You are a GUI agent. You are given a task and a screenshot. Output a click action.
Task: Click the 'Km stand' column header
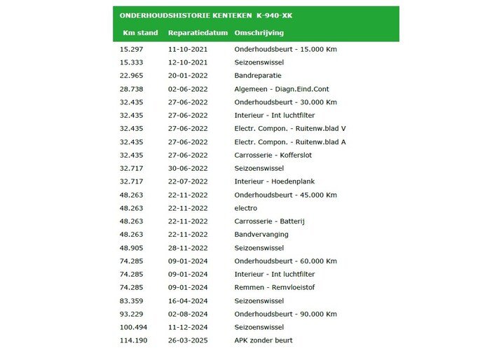point(140,33)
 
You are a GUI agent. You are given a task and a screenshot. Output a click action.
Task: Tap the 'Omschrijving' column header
point(259,33)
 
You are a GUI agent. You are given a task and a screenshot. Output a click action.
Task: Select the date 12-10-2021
point(188,62)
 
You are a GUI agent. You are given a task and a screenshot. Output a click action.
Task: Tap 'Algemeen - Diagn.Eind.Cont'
point(282,89)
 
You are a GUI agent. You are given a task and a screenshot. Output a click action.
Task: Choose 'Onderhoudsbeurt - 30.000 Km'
point(285,102)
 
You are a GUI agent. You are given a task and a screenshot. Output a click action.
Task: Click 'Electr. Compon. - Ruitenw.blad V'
point(290,129)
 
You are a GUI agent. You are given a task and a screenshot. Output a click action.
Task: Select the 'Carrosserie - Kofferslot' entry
point(275,155)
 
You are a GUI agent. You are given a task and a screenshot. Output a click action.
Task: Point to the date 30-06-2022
point(188,169)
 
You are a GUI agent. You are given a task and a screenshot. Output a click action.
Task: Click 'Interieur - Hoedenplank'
point(275,181)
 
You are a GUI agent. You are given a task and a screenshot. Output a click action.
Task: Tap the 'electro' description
point(245,208)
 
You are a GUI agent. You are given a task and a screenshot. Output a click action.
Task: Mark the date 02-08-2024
point(188,314)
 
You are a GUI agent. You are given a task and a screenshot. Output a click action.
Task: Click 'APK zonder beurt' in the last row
point(263,340)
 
